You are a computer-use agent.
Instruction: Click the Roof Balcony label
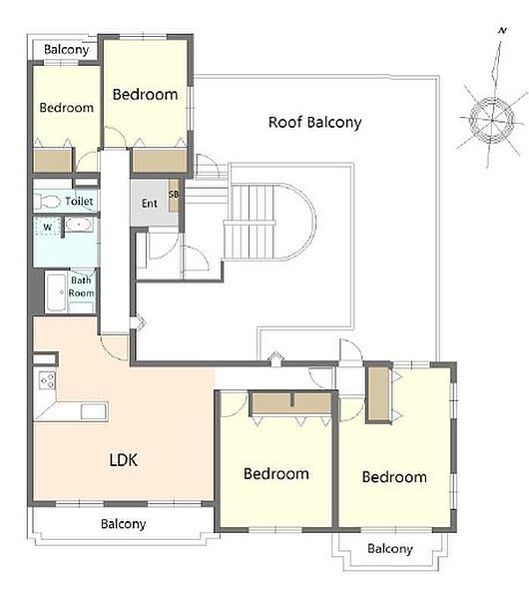(x=314, y=122)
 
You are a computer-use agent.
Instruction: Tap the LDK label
(x=124, y=460)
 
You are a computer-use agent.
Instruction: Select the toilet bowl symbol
(x=47, y=202)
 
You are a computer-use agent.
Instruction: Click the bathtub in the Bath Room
(x=56, y=293)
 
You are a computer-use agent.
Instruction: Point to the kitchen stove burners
(x=47, y=380)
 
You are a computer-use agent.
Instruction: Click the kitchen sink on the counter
(x=93, y=411)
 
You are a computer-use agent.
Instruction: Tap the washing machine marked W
(x=47, y=228)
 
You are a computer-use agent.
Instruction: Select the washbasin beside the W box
(x=79, y=225)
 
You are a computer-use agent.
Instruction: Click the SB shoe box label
(x=174, y=195)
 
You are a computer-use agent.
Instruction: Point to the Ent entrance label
(x=150, y=204)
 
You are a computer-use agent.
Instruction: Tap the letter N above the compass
(x=503, y=31)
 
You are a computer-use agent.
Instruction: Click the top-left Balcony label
(x=67, y=49)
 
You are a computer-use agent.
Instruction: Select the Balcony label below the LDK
(x=124, y=524)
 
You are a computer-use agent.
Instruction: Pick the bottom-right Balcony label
(x=390, y=548)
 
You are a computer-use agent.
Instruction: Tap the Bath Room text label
(x=82, y=287)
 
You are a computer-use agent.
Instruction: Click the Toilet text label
(x=79, y=201)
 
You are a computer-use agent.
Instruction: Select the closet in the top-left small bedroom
(x=53, y=161)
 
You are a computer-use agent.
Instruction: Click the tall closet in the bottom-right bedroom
(x=379, y=394)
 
